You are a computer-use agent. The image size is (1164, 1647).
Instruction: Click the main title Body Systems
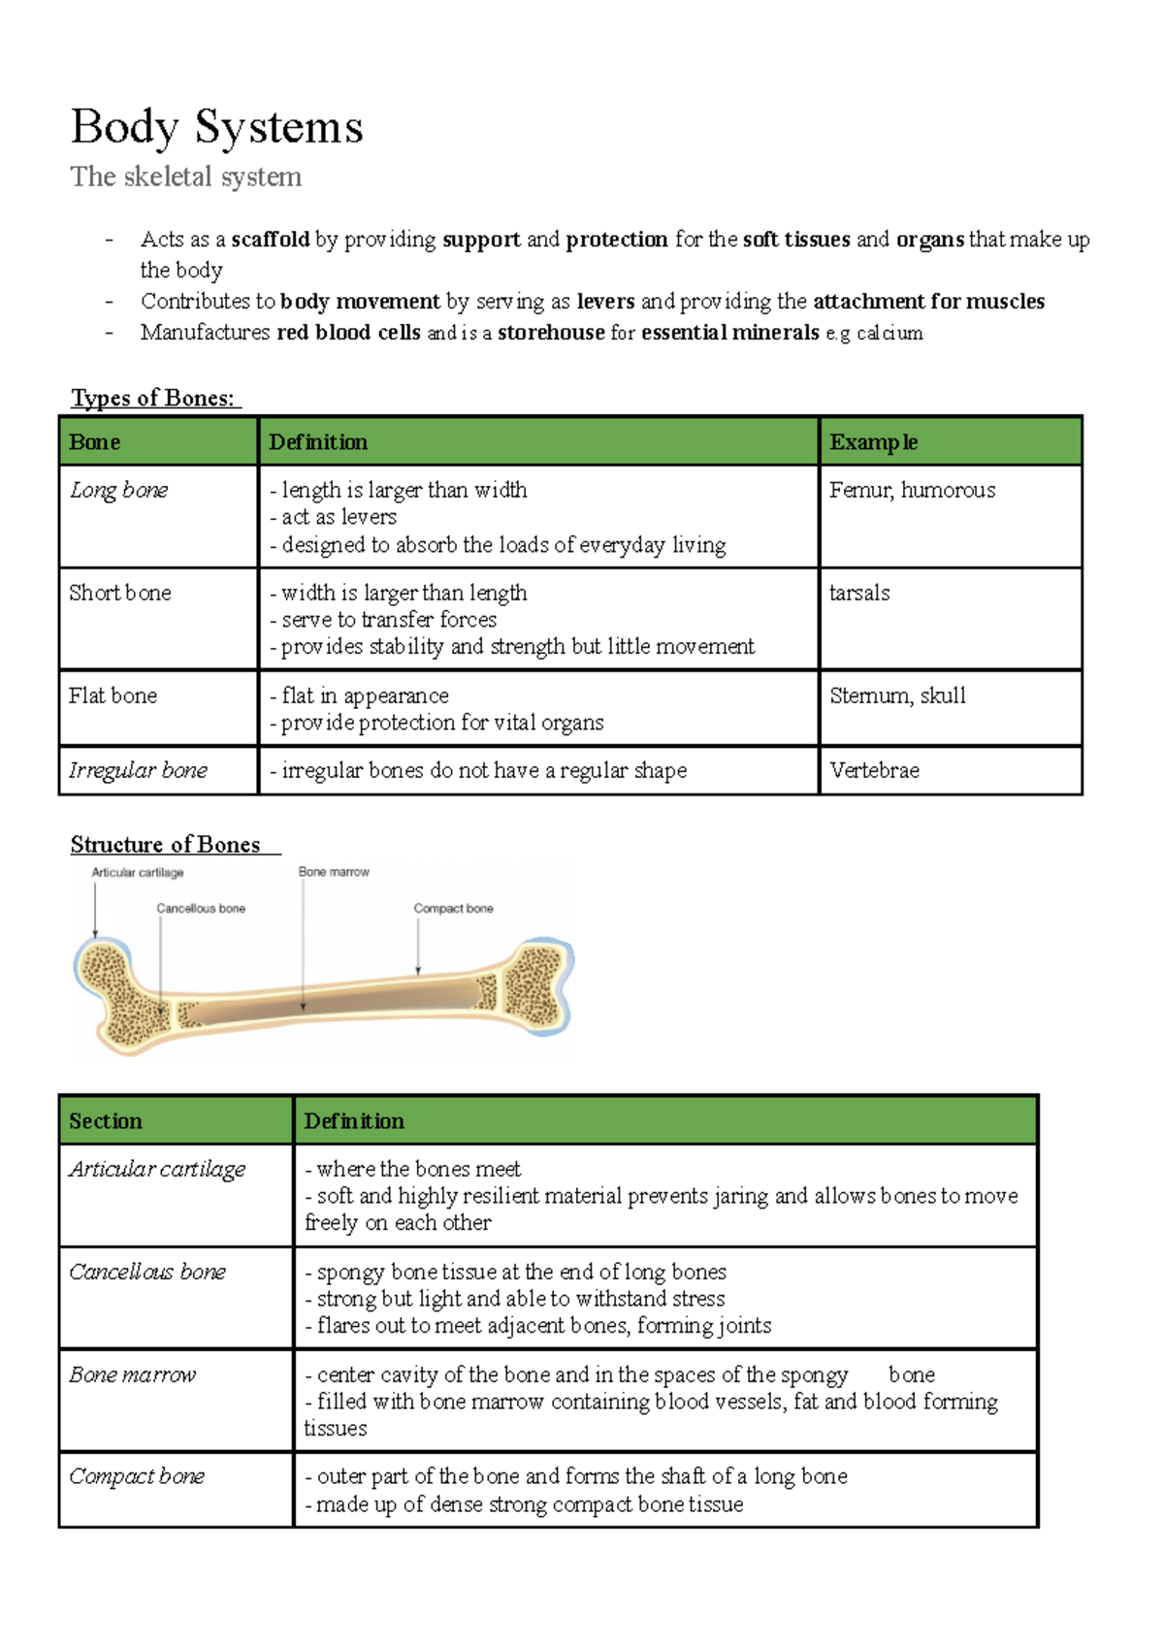tap(216, 127)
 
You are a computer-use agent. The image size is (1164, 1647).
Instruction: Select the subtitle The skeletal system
tap(185, 177)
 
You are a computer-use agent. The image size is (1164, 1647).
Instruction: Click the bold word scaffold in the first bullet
tap(270, 240)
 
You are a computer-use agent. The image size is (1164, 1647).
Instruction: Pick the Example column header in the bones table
tap(873, 442)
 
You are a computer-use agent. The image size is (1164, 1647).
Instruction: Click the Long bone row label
tap(118, 490)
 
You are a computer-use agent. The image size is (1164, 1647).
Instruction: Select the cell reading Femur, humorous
tap(912, 490)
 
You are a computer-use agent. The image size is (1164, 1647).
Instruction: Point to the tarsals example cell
tap(859, 593)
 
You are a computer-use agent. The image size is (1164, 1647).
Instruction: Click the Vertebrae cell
tap(874, 770)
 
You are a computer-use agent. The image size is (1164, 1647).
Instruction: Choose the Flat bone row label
tap(113, 695)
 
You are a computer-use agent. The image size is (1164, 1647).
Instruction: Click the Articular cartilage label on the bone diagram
tap(137, 873)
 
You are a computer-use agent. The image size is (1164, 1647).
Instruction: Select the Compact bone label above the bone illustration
tap(453, 909)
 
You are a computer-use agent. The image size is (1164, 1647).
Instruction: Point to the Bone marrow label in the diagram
tap(334, 872)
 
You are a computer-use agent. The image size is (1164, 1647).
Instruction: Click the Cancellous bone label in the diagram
tap(201, 909)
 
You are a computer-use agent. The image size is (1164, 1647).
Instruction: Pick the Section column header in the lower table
tap(105, 1121)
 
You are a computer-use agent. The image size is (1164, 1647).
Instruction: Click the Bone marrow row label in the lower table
tap(132, 1374)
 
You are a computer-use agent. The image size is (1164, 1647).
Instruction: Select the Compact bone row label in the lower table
tap(136, 1476)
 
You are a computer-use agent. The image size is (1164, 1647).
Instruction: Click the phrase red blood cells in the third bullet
tap(348, 333)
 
